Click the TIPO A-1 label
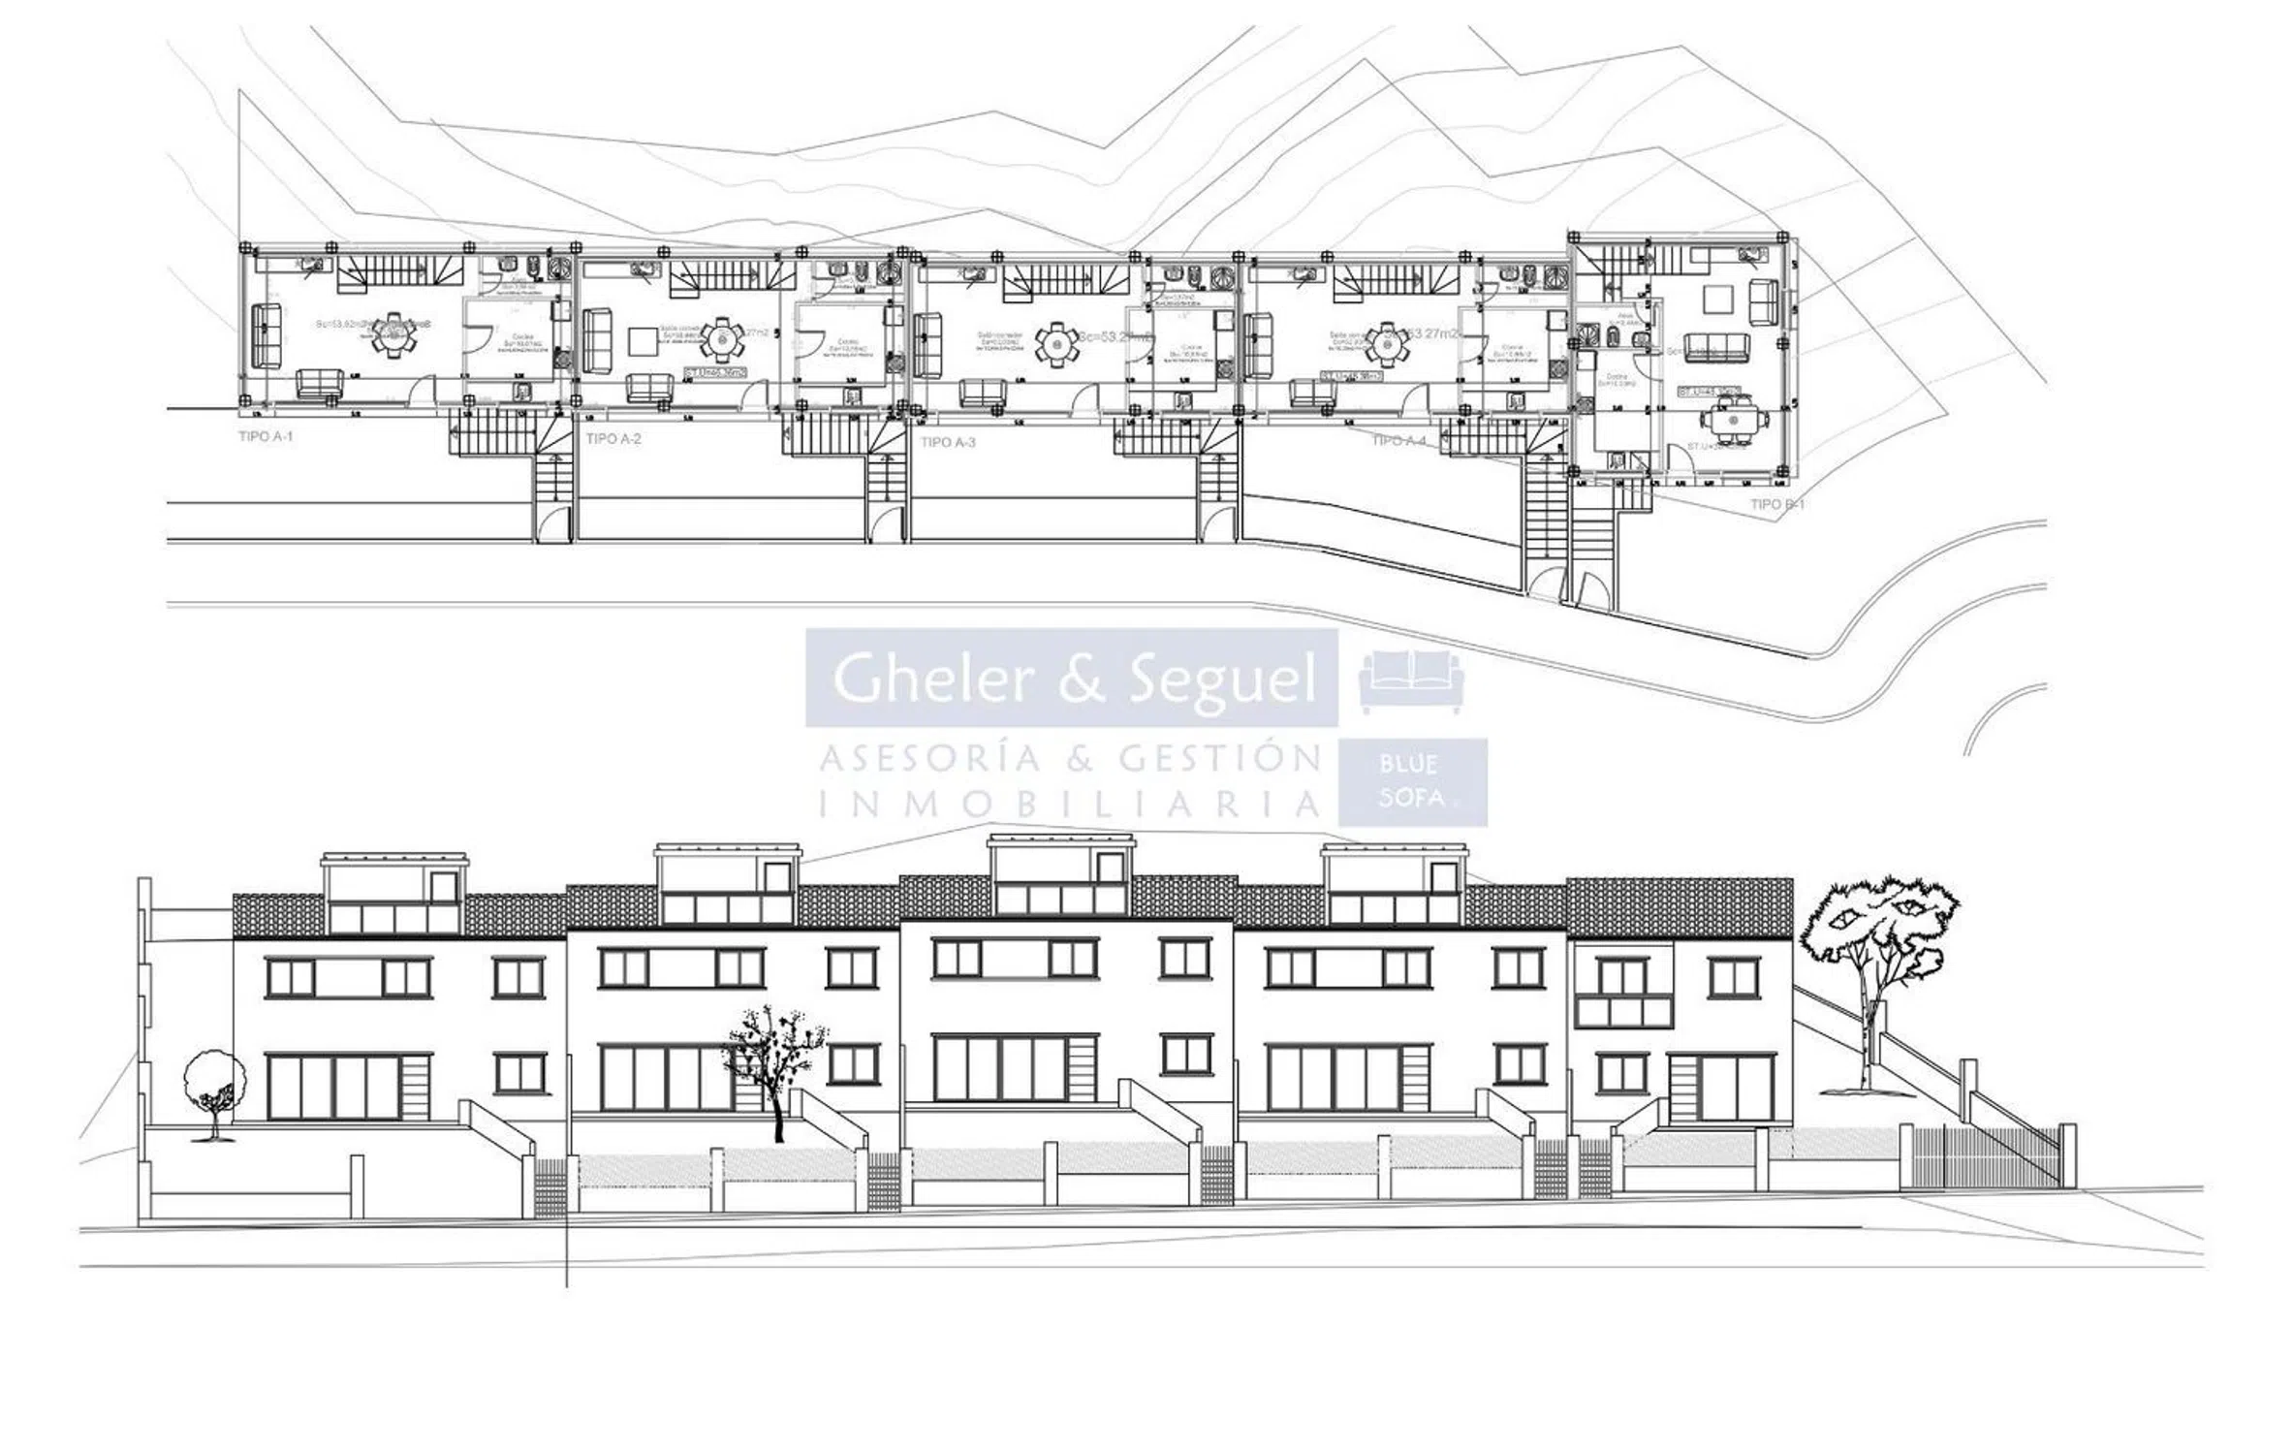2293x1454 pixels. (x=266, y=437)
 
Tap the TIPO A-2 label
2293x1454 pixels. (x=613, y=439)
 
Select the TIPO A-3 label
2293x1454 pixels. (x=948, y=443)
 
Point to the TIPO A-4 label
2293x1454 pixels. (x=1398, y=441)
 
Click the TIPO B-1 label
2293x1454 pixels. (x=1777, y=505)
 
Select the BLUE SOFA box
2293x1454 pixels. (x=1412, y=782)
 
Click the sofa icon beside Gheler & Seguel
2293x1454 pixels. (x=1412, y=681)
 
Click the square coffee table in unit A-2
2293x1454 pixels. (x=643, y=342)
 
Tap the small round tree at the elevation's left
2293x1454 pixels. (x=213, y=1083)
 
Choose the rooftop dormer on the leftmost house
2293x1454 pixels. (x=393, y=893)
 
